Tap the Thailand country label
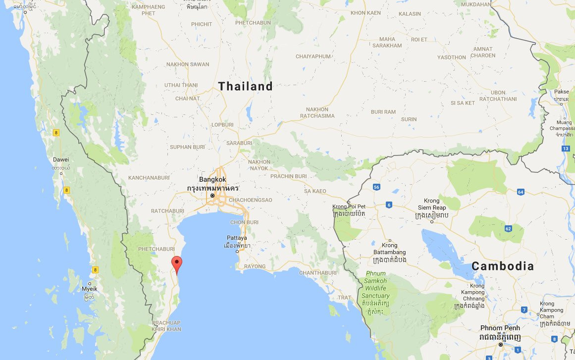[x=246, y=87]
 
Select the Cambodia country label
[x=503, y=266]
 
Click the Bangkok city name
[x=212, y=179]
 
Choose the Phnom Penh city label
[x=500, y=328]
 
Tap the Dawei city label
[x=61, y=159]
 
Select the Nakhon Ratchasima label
[x=317, y=112]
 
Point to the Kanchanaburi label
[x=149, y=177]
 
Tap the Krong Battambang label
[x=390, y=249]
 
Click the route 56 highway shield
[x=376, y=187]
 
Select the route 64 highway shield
[x=520, y=192]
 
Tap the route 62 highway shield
[x=508, y=228]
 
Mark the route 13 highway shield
[x=566, y=149]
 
